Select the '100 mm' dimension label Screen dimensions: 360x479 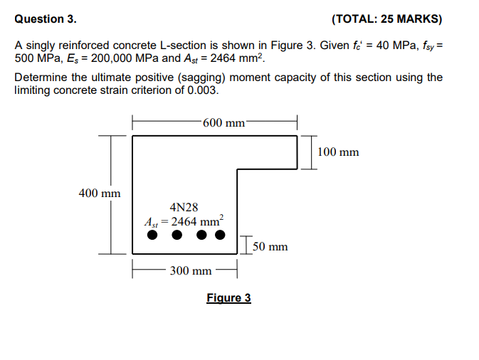click(x=338, y=152)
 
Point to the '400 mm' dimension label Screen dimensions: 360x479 click(x=100, y=193)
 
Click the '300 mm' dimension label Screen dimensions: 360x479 click(x=191, y=270)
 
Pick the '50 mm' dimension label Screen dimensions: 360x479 click(x=270, y=247)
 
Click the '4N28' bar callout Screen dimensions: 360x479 click(x=184, y=207)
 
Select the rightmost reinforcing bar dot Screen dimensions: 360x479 click(x=220, y=235)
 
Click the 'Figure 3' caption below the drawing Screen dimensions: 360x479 click(x=228, y=297)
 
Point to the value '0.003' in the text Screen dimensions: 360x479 click(x=203, y=90)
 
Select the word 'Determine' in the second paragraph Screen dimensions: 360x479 click(x=39, y=78)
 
